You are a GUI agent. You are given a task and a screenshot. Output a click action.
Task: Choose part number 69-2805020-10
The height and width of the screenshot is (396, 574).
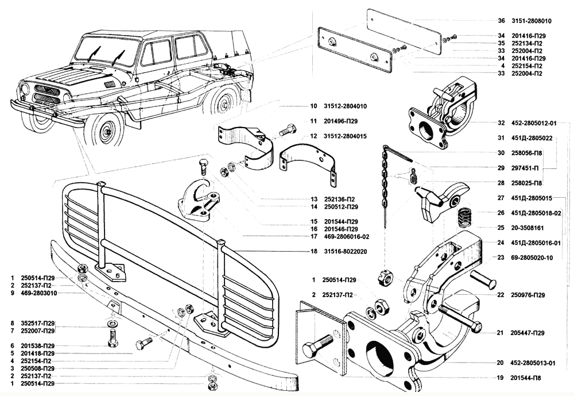[x=533, y=258]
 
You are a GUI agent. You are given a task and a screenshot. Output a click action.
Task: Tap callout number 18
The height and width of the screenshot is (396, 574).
[x=313, y=251]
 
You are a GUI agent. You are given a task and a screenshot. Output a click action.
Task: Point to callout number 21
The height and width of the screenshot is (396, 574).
[x=501, y=333]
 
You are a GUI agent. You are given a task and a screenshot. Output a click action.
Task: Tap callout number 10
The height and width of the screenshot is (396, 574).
[x=313, y=106]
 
